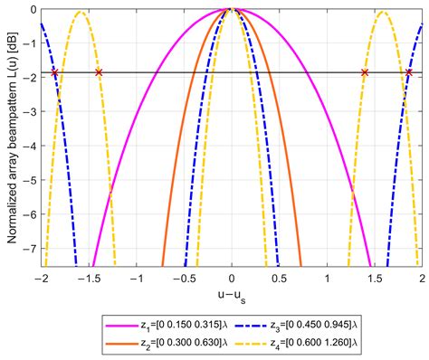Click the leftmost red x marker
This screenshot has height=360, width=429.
click(54, 72)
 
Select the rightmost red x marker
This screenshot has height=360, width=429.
click(409, 72)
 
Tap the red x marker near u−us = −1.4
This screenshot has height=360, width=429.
click(99, 72)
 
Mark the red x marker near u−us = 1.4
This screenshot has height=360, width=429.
click(365, 72)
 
